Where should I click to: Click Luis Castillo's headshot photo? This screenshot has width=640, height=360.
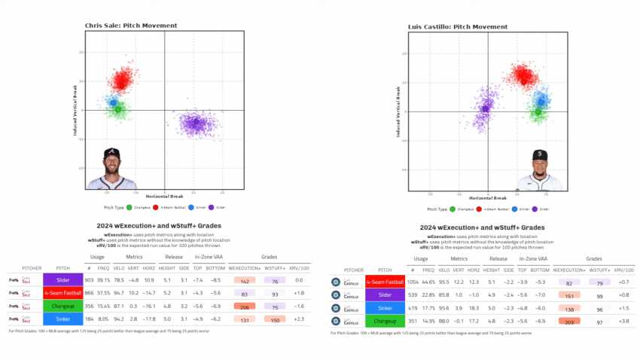(540, 171)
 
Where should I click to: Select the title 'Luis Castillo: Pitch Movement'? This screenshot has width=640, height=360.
(458, 26)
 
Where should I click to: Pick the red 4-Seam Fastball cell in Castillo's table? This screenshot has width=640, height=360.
(386, 282)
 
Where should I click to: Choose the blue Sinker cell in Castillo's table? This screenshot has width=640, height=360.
(386, 308)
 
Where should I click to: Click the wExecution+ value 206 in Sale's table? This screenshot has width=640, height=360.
(245, 307)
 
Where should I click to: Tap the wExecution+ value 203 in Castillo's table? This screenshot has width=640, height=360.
(569, 321)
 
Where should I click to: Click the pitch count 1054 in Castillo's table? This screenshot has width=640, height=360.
(412, 282)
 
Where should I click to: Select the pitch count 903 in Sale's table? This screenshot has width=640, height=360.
(89, 279)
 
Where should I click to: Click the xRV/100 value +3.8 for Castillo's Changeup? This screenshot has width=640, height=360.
(623, 321)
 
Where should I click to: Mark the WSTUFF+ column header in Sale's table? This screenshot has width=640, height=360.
(275, 267)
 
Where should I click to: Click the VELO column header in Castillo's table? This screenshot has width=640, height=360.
(443, 270)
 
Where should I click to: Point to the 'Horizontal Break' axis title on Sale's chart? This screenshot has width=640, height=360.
(164, 196)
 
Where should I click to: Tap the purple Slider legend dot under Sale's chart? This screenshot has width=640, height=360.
(210, 207)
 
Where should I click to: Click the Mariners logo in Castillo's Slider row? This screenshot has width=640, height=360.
(336, 295)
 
